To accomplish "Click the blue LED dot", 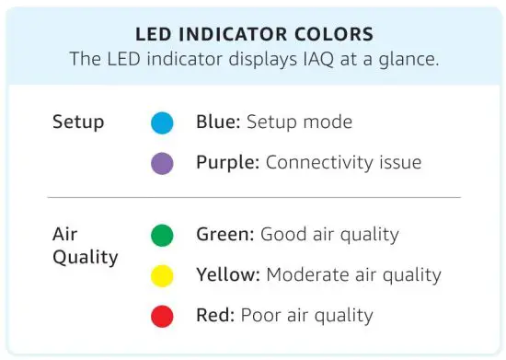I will click(x=163, y=123).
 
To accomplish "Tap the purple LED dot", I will click(x=163, y=164).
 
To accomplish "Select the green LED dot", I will click(x=163, y=235).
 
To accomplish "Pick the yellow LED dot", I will click(x=163, y=275).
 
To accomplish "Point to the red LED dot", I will click(x=163, y=317).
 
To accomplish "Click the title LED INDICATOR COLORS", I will click(x=253, y=35).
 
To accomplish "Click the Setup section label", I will click(x=77, y=122).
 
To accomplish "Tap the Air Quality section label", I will click(x=85, y=246).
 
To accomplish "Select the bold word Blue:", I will click(x=219, y=122).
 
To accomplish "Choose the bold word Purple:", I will click(x=228, y=163).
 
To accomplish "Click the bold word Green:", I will click(x=225, y=235).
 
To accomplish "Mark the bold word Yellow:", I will click(x=227, y=275).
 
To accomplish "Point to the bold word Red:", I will click(x=216, y=316).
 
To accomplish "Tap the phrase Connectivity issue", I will click(x=343, y=163).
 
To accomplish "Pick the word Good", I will click(x=282, y=235).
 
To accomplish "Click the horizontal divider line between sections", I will click(x=253, y=197).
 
